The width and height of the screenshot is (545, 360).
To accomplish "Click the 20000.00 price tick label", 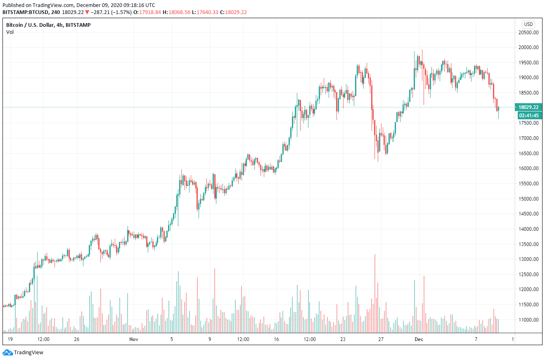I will [x=529, y=47].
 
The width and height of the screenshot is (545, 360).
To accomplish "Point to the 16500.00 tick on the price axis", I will [x=529, y=154].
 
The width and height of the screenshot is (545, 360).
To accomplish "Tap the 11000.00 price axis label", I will [x=529, y=320].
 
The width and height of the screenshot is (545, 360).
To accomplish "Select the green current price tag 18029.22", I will [x=529, y=107].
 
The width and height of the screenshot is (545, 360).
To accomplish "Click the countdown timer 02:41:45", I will [x=529, y=116].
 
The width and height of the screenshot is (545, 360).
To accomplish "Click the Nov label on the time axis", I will [x=133, y=339].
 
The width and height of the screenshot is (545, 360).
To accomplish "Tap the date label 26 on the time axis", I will [x=76, y=339].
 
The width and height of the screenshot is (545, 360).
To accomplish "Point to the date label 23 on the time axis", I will [x=343, y=339].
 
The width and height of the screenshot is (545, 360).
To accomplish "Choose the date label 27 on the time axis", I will [x=381, y=339].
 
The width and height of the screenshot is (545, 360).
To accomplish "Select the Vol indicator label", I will [x=9, y=32].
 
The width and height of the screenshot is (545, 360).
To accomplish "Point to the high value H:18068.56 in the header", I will [x=176, y=12].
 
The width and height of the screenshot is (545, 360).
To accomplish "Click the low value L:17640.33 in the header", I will [x=205, y=12].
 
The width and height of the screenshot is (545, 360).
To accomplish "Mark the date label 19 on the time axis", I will [x=10, y=339].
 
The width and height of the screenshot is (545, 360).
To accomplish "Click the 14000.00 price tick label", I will [x=529, y=229].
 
